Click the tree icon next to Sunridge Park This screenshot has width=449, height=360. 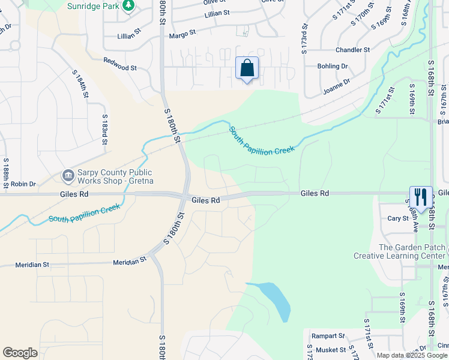[128, 5]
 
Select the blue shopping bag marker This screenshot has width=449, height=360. [247, 68]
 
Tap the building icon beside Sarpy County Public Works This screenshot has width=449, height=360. [68, 176]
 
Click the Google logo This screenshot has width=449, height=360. [20, 353]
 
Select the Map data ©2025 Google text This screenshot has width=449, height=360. [412, 355]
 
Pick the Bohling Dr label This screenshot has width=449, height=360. [333, 66]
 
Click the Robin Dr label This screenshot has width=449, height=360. [23, 184]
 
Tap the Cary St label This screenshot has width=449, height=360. [397, 218]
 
